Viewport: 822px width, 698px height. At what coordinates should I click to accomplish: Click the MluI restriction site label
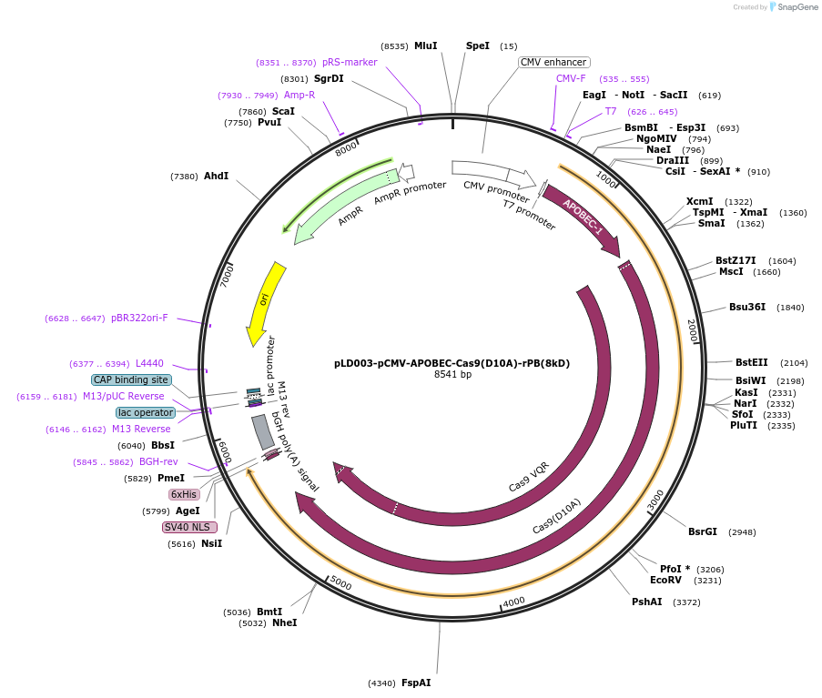(425, 46)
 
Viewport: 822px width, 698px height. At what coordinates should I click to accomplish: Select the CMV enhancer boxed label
(553, 63)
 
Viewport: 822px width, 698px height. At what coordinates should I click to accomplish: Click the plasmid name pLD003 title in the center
(452, 362)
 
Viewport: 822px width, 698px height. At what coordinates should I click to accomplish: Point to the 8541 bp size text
(452, 374)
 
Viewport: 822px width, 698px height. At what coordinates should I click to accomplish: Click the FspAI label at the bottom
(416, 683)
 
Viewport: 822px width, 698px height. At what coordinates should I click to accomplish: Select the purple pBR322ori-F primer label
(139, 319)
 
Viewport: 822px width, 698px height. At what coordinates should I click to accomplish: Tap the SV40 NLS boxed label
(189, 527)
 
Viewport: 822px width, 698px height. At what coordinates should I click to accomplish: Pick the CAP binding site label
(130, 379)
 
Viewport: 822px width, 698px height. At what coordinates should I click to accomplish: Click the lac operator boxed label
(145, 412)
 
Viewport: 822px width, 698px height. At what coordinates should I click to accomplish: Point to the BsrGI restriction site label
(702, 531)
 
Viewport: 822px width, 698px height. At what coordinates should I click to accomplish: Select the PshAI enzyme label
(646, 602)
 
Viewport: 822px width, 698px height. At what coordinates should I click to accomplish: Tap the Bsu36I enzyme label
(747, 307)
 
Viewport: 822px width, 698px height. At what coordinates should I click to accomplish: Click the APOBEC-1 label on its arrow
(583, 217)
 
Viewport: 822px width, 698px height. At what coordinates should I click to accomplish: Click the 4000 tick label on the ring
(513, 602)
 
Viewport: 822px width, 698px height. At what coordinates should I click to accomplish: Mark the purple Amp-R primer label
(299, 95)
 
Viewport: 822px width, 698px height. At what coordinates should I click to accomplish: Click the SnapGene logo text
(795, 7)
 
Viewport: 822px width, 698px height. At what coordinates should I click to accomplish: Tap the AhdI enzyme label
(216, 176)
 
